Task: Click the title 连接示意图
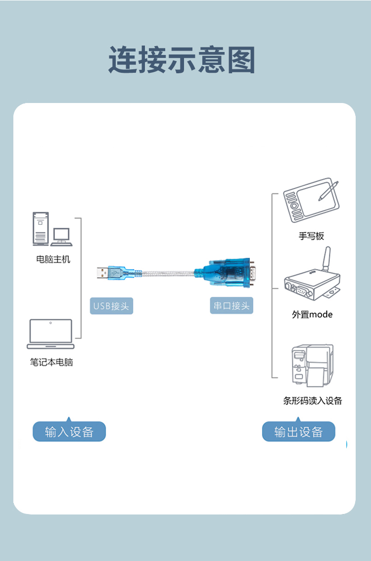pos(182,60)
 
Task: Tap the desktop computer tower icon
pos(41,228)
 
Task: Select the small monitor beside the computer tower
pos(61,236)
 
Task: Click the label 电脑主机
pos(53,259)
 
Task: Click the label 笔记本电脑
pos(51,362)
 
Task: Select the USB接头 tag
pos(111,306)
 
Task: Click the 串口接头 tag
pos(231,306)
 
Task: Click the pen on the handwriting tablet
pos(328,190)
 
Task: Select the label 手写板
pos(311,236)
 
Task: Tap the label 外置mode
pos(312,314)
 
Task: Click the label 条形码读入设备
pos(313,401)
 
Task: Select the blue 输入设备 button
pos(69,432)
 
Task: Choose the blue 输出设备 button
pos(298,432)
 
